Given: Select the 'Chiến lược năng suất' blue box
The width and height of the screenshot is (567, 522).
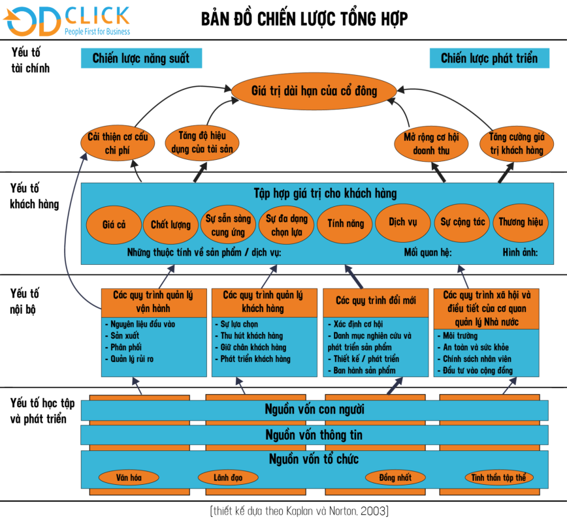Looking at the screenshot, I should (140, 59).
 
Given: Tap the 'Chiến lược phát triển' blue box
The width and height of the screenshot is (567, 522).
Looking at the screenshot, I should (489, 59).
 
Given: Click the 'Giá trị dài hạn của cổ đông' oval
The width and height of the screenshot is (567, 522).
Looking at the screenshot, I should (314, 91).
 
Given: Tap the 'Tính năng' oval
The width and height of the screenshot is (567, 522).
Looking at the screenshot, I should (346, 223).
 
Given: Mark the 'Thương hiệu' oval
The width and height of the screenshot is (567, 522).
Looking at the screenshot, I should (521, 222).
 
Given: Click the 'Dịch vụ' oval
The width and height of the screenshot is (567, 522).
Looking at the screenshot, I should (402, 222).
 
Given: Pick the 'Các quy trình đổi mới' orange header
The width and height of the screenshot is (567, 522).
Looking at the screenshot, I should (374, 301).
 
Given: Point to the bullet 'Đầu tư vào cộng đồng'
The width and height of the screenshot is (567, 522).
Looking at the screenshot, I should (477, 371).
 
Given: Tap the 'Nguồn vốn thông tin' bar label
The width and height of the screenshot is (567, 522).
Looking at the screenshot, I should (314, 435).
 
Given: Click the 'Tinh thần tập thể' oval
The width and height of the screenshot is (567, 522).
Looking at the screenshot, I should (499, 478).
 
